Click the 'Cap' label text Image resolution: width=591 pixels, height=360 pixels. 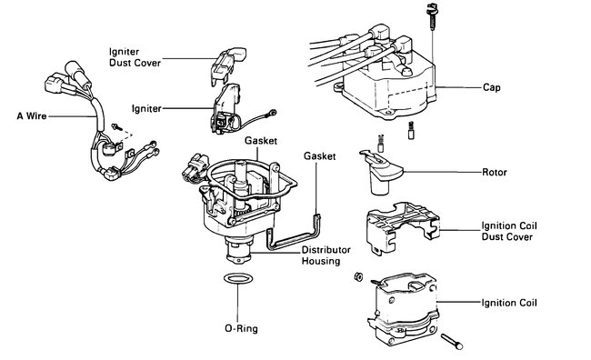(x=492, y=87)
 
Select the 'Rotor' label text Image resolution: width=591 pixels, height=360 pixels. (x=495, y=172)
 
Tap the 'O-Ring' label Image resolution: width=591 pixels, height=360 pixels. (x=241, y=328)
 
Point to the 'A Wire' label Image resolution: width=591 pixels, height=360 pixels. (x=32, y=115)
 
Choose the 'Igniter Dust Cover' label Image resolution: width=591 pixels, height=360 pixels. (x=135, y=57)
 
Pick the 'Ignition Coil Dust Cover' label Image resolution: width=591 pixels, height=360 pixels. (x=509, y=231)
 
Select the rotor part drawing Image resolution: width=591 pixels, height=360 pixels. (x=381, y=173)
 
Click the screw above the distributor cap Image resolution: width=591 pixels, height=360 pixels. (x=432, y=16)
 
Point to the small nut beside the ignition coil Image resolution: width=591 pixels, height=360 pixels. (x=358, y=277)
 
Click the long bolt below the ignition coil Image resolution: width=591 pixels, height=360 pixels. (x=452, y=342)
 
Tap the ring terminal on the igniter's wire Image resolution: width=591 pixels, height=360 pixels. (x=272, y=113)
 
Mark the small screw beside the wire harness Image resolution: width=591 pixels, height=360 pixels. (x=117, y=127)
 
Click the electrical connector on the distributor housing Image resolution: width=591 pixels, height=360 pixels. (x=195, y=167)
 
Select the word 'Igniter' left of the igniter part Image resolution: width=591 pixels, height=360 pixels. (x=146, y=109)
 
